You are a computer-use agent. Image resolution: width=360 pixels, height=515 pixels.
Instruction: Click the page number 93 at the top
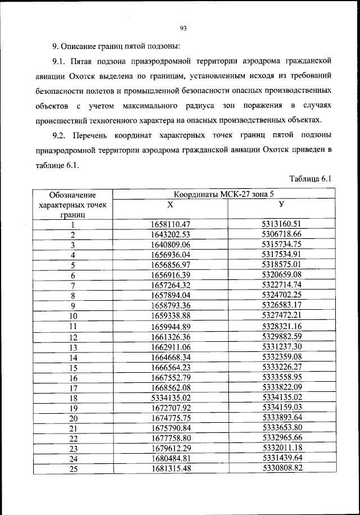point(183,29)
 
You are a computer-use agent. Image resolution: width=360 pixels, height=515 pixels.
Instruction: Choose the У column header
point(282,205)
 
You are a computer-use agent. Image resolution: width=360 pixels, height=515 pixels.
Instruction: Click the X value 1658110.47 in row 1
point(172,225)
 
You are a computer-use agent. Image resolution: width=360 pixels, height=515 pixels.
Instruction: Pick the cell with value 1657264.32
point(172,286)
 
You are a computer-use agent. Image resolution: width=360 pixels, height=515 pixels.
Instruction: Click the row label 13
point(73,347)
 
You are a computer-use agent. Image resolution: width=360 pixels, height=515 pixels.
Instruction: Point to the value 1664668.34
point(172,357)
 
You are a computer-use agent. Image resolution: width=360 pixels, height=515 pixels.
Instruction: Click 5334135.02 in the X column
point(172,397)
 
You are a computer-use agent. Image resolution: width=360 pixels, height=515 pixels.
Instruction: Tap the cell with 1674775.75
point(172,418)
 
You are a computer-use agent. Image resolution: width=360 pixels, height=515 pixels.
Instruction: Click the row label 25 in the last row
point(73,469)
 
